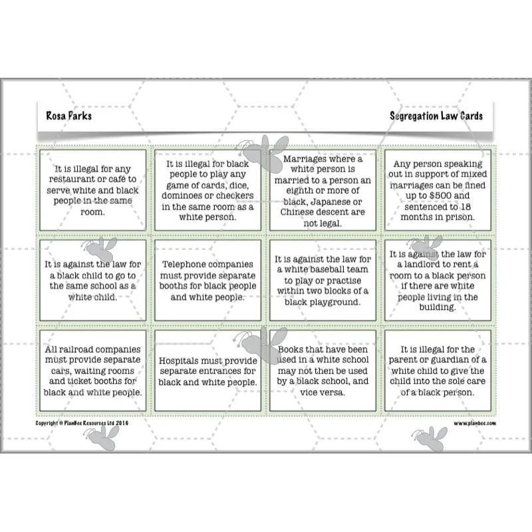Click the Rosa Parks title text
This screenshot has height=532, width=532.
tap(69, 116)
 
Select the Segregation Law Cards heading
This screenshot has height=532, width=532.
tap(436, 116)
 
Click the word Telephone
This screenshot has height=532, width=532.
tap(188, 264)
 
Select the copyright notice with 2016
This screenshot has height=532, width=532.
tap(82, 423)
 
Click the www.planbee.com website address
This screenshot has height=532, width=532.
tap(475, 423)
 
